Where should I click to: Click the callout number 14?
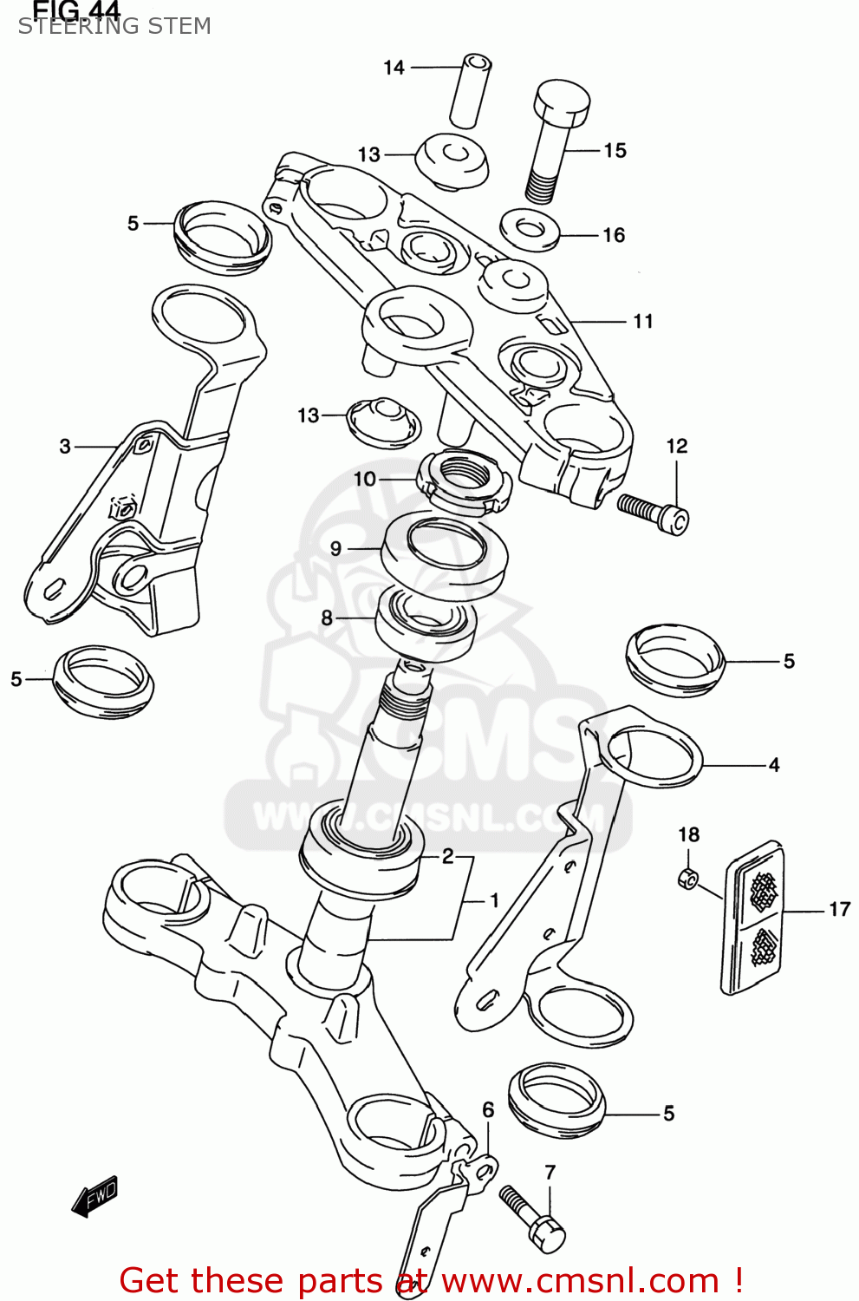coord(394,68)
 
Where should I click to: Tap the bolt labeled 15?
coord(555,143)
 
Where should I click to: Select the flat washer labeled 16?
coord(530,230)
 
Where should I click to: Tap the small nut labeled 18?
coord(687,879)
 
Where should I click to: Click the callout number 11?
coord(642,322)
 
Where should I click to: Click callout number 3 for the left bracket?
coord(65,447)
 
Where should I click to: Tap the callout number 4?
coord(774,765)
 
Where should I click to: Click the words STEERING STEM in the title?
coord(114,27)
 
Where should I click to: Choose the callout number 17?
coord(839,910)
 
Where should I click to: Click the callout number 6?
coord(488,1110)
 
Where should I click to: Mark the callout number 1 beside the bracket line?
coord(494,901)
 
